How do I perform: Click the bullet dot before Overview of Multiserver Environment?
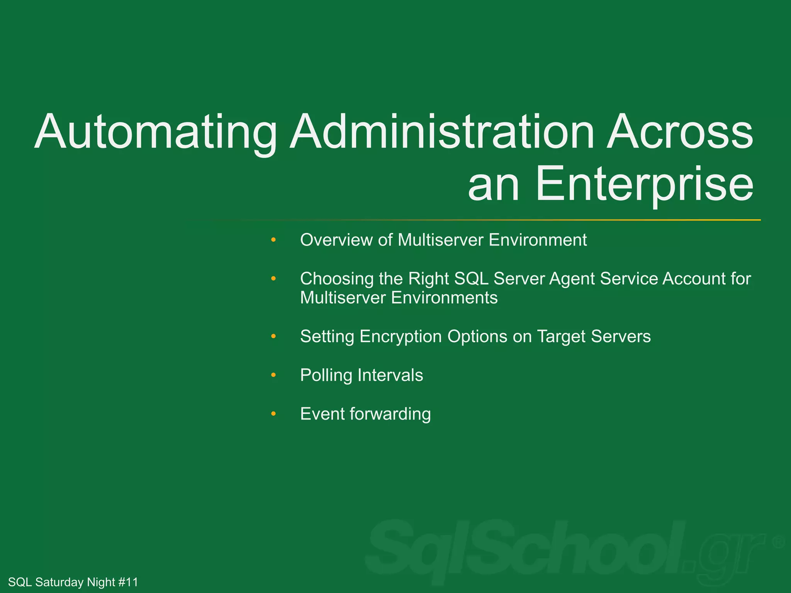(273, 240)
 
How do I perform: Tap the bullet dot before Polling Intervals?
(273, 375)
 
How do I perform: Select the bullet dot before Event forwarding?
(273, 414)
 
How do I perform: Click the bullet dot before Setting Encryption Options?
(273, 337)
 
